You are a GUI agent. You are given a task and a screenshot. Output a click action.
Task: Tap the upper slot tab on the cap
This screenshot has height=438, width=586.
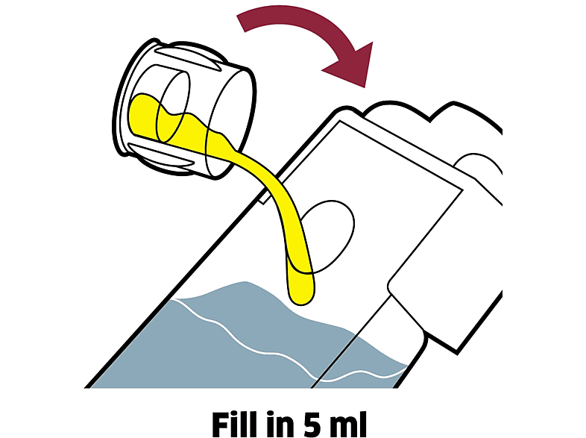[187, 58]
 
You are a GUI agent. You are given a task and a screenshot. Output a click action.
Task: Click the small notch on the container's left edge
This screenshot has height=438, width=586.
[264, 198]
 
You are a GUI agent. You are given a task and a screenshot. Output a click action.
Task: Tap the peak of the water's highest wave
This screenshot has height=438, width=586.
[245, 281]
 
